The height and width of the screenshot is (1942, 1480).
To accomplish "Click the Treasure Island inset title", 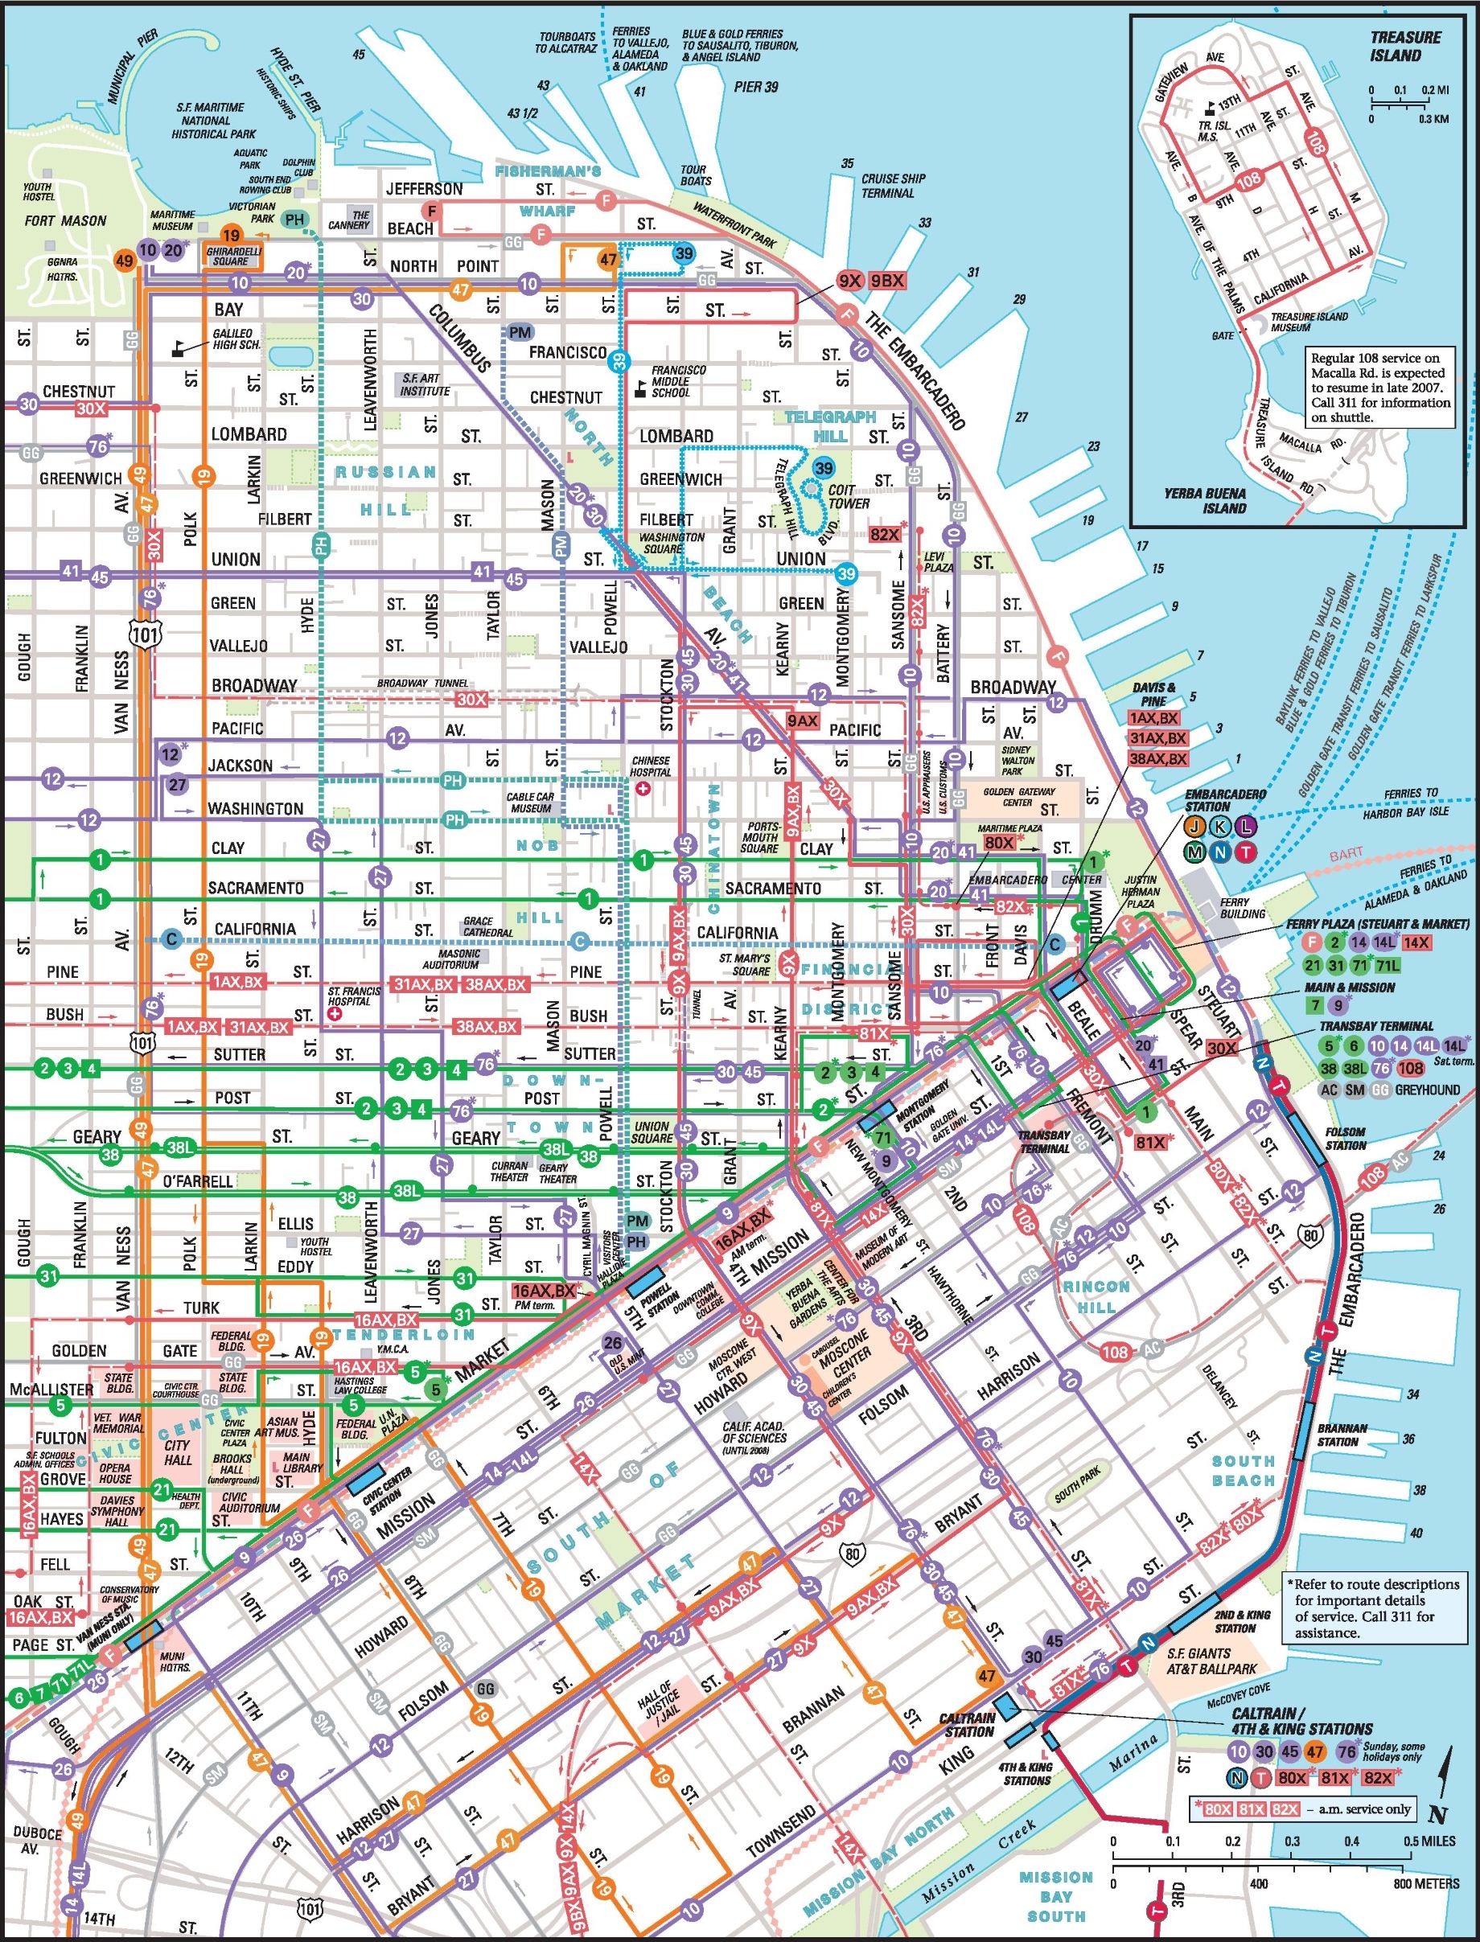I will (1405, 47).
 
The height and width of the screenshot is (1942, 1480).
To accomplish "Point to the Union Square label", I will (651, 1131).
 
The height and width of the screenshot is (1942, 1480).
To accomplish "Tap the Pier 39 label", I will (756, 87).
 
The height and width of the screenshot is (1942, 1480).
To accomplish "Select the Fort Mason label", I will (65, 221).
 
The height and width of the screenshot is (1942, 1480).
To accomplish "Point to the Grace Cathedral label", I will (487, 926).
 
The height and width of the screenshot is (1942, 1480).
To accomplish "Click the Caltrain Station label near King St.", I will (968, 1726).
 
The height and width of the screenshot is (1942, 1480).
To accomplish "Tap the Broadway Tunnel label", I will (422, 684).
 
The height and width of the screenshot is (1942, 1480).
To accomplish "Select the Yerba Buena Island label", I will (1204, 500).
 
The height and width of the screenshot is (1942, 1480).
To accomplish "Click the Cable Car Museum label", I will (530, 803).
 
